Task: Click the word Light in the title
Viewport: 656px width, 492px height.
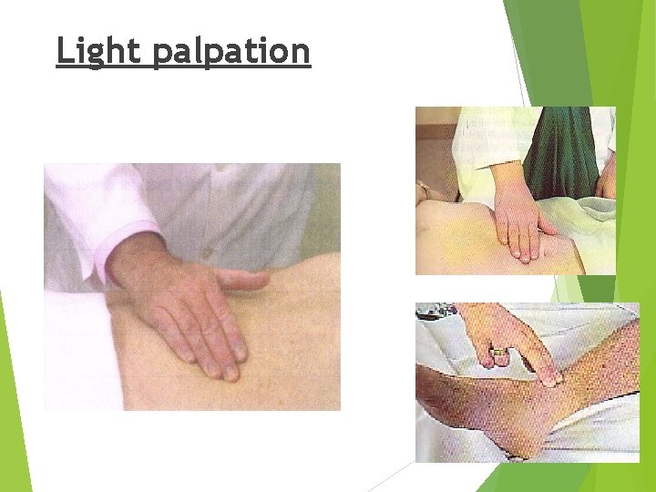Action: (99, 51)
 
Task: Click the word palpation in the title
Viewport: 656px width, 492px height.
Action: (231, 53)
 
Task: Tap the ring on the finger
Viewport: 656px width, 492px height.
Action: (499, 349)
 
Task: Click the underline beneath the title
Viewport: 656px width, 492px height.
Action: (182, 67)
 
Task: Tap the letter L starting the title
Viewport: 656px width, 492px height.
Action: (64, 51)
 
